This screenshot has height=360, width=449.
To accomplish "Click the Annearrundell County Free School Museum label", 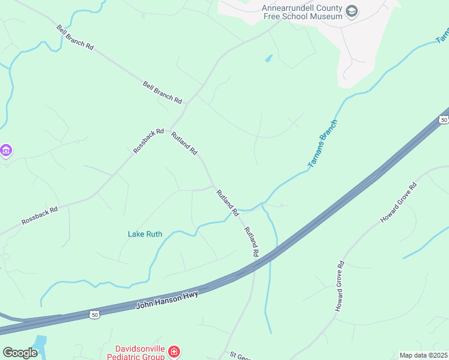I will (302, 12).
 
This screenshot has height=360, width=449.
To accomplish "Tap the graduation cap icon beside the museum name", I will (352, 11).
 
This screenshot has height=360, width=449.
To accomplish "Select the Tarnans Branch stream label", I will (322, 143).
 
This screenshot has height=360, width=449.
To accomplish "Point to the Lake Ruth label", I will (145, 234).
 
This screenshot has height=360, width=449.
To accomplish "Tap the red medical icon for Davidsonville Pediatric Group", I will (173, 351).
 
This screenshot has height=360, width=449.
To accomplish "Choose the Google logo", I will (20, 352).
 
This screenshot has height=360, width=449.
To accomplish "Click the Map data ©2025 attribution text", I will (423, 355).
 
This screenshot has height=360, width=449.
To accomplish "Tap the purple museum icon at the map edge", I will (6, 149).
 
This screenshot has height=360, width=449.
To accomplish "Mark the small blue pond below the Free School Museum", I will (268, 59).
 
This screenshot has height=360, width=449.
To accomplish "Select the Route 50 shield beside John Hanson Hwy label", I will (94, 314).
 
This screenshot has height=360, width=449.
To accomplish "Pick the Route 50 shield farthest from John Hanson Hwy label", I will (444, 119).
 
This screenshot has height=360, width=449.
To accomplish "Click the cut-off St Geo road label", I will (240, 355).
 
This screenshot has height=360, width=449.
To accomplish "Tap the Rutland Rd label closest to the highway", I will (251, 242).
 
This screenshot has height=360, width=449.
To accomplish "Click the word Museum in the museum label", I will (326, 16).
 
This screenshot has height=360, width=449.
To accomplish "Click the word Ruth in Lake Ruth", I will (154, 234).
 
